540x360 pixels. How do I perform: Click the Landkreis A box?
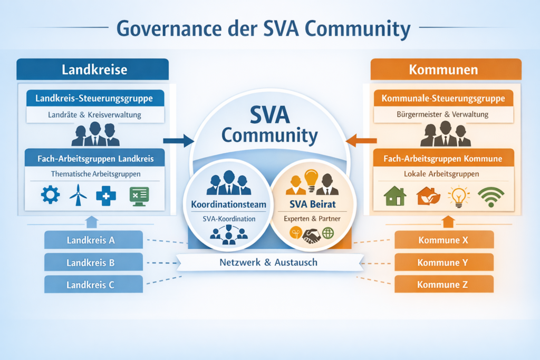point(93,240)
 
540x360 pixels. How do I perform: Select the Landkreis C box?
point(93,285)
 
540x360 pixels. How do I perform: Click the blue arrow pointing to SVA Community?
point(178,140)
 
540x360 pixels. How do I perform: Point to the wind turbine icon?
point(78,196)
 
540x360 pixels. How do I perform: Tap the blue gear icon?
point(50,196)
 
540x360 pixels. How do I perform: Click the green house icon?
point(395,196)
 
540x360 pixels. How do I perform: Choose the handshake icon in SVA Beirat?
point(311,235)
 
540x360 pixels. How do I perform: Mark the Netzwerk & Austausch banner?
point(269,262)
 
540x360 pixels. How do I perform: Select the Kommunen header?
point(446,70)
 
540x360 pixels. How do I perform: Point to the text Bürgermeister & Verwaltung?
point(442,114)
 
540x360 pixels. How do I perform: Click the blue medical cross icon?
point(106,196)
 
